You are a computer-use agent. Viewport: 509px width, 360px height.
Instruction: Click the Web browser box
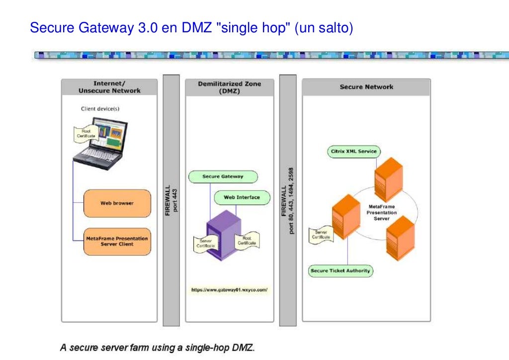117,203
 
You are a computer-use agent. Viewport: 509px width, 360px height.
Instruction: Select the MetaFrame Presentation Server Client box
117,241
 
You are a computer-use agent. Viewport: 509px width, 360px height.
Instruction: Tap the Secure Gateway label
223,177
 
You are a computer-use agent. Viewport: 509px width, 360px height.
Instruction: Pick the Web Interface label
242,197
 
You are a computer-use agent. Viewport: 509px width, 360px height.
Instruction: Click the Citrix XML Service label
354,151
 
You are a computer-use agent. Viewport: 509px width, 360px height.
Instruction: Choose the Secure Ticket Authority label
340,270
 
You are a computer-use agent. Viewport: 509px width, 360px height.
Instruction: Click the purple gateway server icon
223,234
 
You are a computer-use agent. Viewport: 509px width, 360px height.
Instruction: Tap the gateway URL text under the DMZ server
229,289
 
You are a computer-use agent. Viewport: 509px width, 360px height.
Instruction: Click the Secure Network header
366,87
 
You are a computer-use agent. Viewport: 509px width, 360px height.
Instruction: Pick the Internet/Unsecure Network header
109,87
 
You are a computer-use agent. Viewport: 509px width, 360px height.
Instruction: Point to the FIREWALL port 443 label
171,200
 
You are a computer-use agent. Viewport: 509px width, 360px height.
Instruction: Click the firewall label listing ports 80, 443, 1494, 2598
288,200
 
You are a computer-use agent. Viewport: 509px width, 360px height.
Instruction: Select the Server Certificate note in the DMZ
205,243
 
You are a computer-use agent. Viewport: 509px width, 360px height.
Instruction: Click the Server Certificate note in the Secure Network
321,235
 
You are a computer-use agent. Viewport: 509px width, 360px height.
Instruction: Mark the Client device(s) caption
100,108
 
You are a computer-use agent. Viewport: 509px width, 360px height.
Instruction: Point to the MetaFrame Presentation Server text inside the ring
382,212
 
